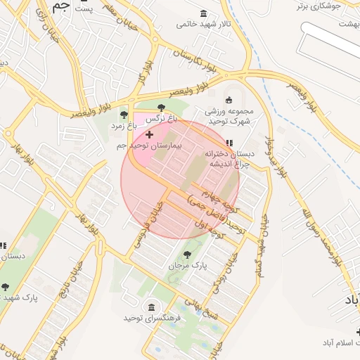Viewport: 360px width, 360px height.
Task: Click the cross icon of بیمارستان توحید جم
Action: (149, 134)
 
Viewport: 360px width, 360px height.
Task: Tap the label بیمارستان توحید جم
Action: (149, 146)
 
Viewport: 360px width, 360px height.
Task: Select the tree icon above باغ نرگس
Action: (162, 108)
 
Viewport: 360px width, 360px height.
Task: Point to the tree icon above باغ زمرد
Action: (124, 115)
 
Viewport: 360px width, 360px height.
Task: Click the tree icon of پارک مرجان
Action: (187, 255)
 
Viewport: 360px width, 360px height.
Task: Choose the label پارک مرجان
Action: (187, 266)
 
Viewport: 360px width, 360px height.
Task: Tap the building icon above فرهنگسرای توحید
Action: (152, 307)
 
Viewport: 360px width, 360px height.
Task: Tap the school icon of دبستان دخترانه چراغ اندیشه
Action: (229, 143)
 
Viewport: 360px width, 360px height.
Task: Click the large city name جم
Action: (62, 8)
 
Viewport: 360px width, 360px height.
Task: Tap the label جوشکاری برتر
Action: (317, 6)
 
